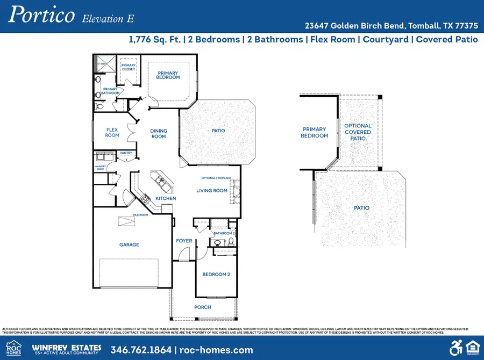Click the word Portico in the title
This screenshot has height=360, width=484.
(x=41, y=15)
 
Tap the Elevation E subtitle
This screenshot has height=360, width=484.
(x=108, y=18)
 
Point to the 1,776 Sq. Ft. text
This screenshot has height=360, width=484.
(x=156, y=39)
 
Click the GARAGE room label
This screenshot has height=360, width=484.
(x=129, y=245)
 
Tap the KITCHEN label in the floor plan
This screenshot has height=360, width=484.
(x=166, y=199)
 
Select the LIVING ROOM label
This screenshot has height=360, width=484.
(x=211, y=190)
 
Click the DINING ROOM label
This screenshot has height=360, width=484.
(x=159, y=134)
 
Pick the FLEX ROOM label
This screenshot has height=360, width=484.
(x=112, y=132)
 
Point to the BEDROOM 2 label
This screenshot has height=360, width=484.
(x=216, y=275)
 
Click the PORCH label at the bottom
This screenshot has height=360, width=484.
(x=203, y=307)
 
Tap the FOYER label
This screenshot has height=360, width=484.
(x=184, y=241)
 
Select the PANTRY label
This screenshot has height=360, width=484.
(x=126, y=153)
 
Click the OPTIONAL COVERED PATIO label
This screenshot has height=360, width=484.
(x=358, y=132)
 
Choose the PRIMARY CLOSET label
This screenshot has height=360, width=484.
(x=128, y=67)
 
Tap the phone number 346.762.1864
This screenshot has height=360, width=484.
(x=141, y=350)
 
